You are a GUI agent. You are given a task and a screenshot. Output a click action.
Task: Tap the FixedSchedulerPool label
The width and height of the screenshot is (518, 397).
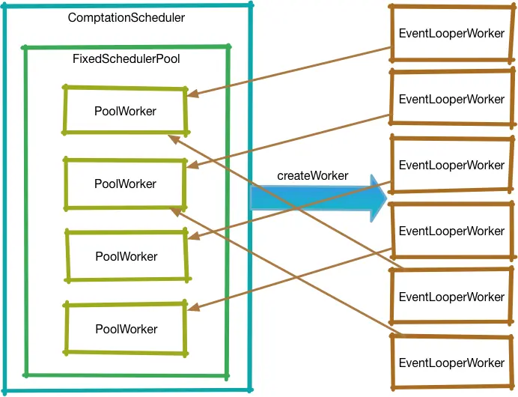click(x=126, y=58)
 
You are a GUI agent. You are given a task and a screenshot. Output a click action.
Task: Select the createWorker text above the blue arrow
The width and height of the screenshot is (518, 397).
click(x=312, y=175)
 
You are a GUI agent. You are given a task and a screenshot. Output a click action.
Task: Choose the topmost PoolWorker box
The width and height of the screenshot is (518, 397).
click(x=125, y=111)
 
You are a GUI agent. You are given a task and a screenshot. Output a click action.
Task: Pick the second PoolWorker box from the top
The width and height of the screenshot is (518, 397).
click(x=125, y=184)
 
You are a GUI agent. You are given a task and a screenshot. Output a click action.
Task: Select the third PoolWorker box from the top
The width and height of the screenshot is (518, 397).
click(x=126, y=256)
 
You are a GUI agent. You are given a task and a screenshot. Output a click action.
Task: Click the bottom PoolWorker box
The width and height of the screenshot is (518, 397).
click(x=126, y=329)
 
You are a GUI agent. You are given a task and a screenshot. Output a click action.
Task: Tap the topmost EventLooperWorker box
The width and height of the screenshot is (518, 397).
click(x=451, y=34)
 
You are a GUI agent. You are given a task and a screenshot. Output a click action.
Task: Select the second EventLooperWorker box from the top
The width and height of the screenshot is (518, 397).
click(x=451, y=99)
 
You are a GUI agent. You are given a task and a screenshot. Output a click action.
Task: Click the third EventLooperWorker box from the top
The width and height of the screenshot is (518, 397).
click(x=451, y=165)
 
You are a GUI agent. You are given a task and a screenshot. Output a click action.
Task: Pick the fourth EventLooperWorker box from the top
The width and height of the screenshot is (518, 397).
click(x=451, y=231)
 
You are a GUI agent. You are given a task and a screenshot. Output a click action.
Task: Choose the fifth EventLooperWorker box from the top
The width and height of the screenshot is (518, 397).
click(x=451, y=297)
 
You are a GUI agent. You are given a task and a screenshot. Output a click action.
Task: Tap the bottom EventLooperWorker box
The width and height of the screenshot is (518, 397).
click(x=451, y=363)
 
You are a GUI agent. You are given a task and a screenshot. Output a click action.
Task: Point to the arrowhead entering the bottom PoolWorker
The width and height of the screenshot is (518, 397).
click(x=192, y=309)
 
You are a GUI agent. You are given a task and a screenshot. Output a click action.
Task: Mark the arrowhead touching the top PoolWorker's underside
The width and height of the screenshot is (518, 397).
click(x=173, y=137)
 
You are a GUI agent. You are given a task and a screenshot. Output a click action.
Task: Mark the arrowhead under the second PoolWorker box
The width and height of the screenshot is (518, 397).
click(x=174, y=210)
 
